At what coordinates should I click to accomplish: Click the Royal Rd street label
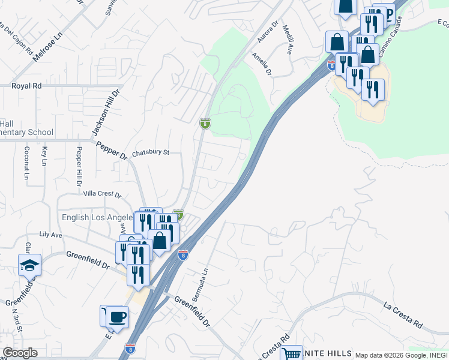(26, 86)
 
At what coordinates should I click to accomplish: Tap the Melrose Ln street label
(47, 46)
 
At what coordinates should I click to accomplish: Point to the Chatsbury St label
(151, 152)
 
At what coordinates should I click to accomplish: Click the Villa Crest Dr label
(102, 194)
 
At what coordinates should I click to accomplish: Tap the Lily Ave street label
(50, 235)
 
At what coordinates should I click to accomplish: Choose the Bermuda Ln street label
(200, 285)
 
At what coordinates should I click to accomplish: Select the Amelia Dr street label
(262, 64)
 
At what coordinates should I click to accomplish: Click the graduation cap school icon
(29, 264)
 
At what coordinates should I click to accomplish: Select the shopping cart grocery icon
(291, 354)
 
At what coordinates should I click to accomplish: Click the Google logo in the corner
(20, 353)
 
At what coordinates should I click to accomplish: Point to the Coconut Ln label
(26, 163)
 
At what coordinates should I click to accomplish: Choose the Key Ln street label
(44, 155)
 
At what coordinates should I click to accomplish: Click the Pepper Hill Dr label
(78, 166)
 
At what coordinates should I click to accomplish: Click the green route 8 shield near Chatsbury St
(205, 124)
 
